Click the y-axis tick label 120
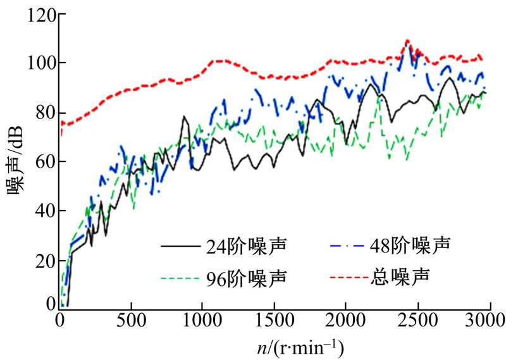coord(37,15)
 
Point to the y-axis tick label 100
coord(37,63)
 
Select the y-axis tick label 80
coord(42,113)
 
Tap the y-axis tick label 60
coord(42,162)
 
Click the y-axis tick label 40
coord(42,211)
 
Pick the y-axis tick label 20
coord(42,260)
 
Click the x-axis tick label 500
coord(131,321)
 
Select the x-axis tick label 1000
coord(202,321)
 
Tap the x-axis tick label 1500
coord(274,321)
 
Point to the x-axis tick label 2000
coord(345,321)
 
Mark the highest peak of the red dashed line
coord(407,41)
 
